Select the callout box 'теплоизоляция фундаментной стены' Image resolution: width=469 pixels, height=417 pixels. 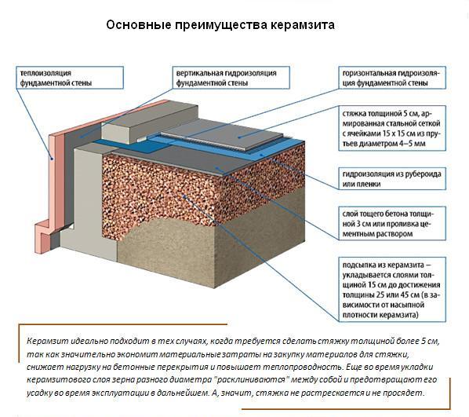coord(69,78)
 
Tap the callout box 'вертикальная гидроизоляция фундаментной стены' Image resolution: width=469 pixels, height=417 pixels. coord(231,78)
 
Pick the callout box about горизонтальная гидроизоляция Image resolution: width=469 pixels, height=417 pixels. coord(392,78)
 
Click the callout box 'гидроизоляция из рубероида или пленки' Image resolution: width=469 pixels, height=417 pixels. coord(392,178)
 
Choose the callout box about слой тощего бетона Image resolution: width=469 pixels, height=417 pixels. coord(392,223)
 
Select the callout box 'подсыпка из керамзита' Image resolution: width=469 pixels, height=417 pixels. coord(392,289)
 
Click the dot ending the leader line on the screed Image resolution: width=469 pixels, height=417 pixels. coord(239,137)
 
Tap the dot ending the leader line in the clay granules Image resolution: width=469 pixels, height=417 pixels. coord(184,196)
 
